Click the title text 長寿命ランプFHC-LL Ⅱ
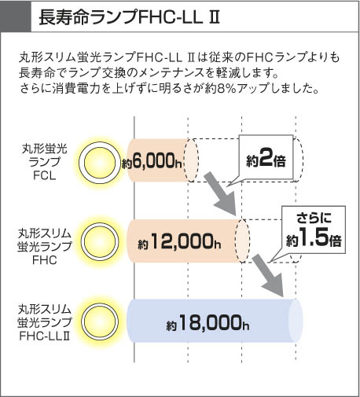coord(129,17)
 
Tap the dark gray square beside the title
coord(16,16)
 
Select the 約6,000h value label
coord(152,160)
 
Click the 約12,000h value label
coord(179,241)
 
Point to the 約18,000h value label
coord(208,323)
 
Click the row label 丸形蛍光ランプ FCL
coord(45,162)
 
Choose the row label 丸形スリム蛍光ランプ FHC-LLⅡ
coord(45,323)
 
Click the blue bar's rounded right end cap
coord(296,321)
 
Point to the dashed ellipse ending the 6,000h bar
coord(191,160)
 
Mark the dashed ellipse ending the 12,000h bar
coord(242,241)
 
